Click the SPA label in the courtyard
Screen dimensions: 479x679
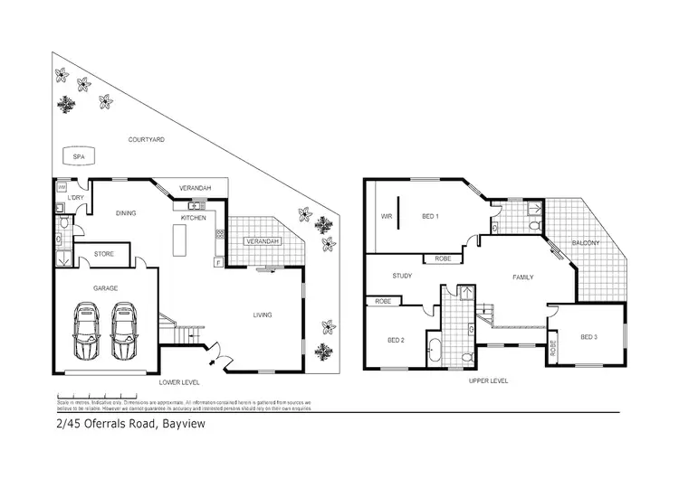tap(79, 157)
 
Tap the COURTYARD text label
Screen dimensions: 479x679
tap(145, 140)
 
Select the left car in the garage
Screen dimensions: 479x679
tap(86, 331)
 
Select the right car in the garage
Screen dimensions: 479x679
tap(125, 331)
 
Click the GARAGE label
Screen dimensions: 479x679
tap(106, 288)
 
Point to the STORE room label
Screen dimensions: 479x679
tap(104, 255)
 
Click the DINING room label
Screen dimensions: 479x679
tap(126, 213)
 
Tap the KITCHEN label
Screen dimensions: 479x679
tap(194, 218)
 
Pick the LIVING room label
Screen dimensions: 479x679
tap(263, 315)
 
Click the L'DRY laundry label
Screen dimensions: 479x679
tap(74, 198)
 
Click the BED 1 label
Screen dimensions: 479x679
tap(431, 217)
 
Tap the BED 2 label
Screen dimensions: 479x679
tap(396, 340)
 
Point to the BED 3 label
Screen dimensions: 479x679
tap(588, 337)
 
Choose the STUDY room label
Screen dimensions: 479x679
tap(403, 277)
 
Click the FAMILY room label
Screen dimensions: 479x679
tap(523, 277)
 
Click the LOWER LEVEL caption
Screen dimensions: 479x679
tap(178, 381)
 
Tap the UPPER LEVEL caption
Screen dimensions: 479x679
tap(488, 381)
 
